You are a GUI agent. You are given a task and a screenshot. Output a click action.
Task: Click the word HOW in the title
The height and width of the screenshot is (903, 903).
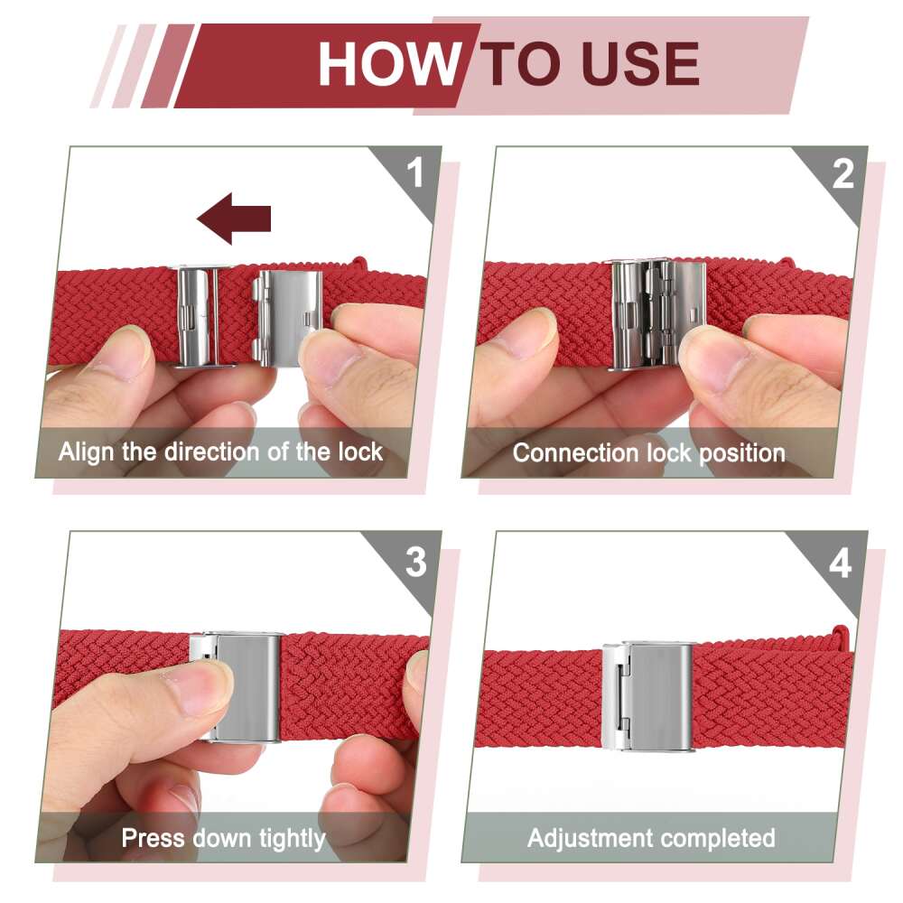point(390,63)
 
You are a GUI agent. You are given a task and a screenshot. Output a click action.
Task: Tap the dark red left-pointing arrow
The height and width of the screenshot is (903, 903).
point(234,219)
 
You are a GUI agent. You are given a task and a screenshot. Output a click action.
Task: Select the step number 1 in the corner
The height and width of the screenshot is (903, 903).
point(415,172)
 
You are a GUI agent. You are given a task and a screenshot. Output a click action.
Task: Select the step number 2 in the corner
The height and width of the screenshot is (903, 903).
point(842,173)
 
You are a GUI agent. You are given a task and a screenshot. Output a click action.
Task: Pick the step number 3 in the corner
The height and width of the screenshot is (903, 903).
point(415,562)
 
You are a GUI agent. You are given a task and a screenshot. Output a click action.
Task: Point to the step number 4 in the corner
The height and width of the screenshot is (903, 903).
point(840,563)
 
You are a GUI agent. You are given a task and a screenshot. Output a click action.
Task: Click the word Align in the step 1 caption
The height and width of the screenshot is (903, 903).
point(88,452)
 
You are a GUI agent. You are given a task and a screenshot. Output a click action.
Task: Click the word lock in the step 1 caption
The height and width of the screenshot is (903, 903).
point(360,451)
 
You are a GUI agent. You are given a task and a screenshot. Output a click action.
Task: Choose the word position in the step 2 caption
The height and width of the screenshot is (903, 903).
point(742,454)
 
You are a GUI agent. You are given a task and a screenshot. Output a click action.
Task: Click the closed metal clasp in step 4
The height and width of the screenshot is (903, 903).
point(647,696)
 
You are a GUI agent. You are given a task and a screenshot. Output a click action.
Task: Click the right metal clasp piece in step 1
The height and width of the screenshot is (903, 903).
point(286,317)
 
